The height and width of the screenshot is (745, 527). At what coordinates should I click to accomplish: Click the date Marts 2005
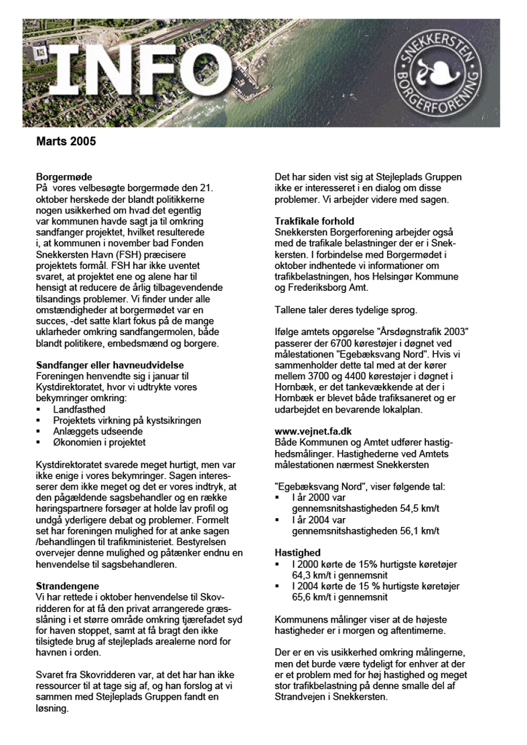tap(66, 142)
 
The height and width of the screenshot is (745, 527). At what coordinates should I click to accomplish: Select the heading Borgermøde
tap(64, 177)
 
